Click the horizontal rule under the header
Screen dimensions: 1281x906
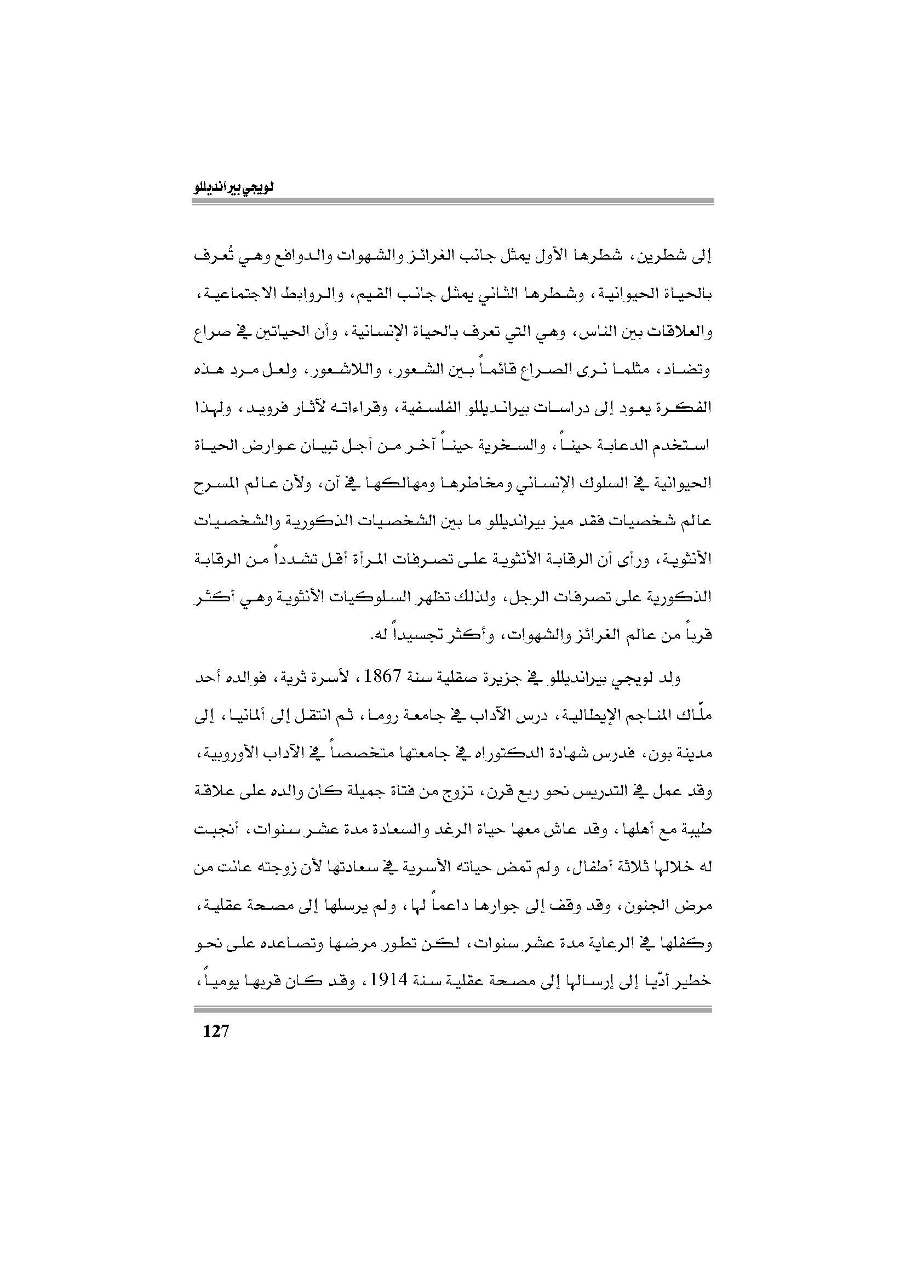452,203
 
